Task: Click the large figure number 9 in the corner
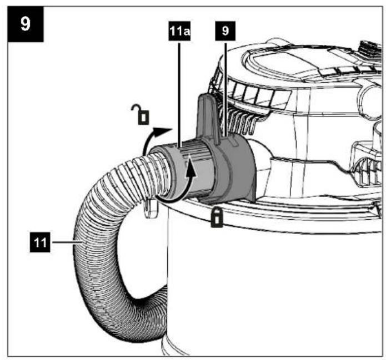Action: tap(26, 24)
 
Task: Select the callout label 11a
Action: tap(179, 31)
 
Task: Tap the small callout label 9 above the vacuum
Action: tap(225, 31)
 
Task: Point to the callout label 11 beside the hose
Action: tap(40, 242)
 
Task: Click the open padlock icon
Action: tap(141, 114)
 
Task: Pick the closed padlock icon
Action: tap(217, 217)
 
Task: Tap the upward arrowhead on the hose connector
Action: tap(191, 169)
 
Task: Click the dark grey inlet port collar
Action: tap(232, 170)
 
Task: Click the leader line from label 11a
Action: tap(179, 94)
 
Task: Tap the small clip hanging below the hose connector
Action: tap(151, 209)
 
